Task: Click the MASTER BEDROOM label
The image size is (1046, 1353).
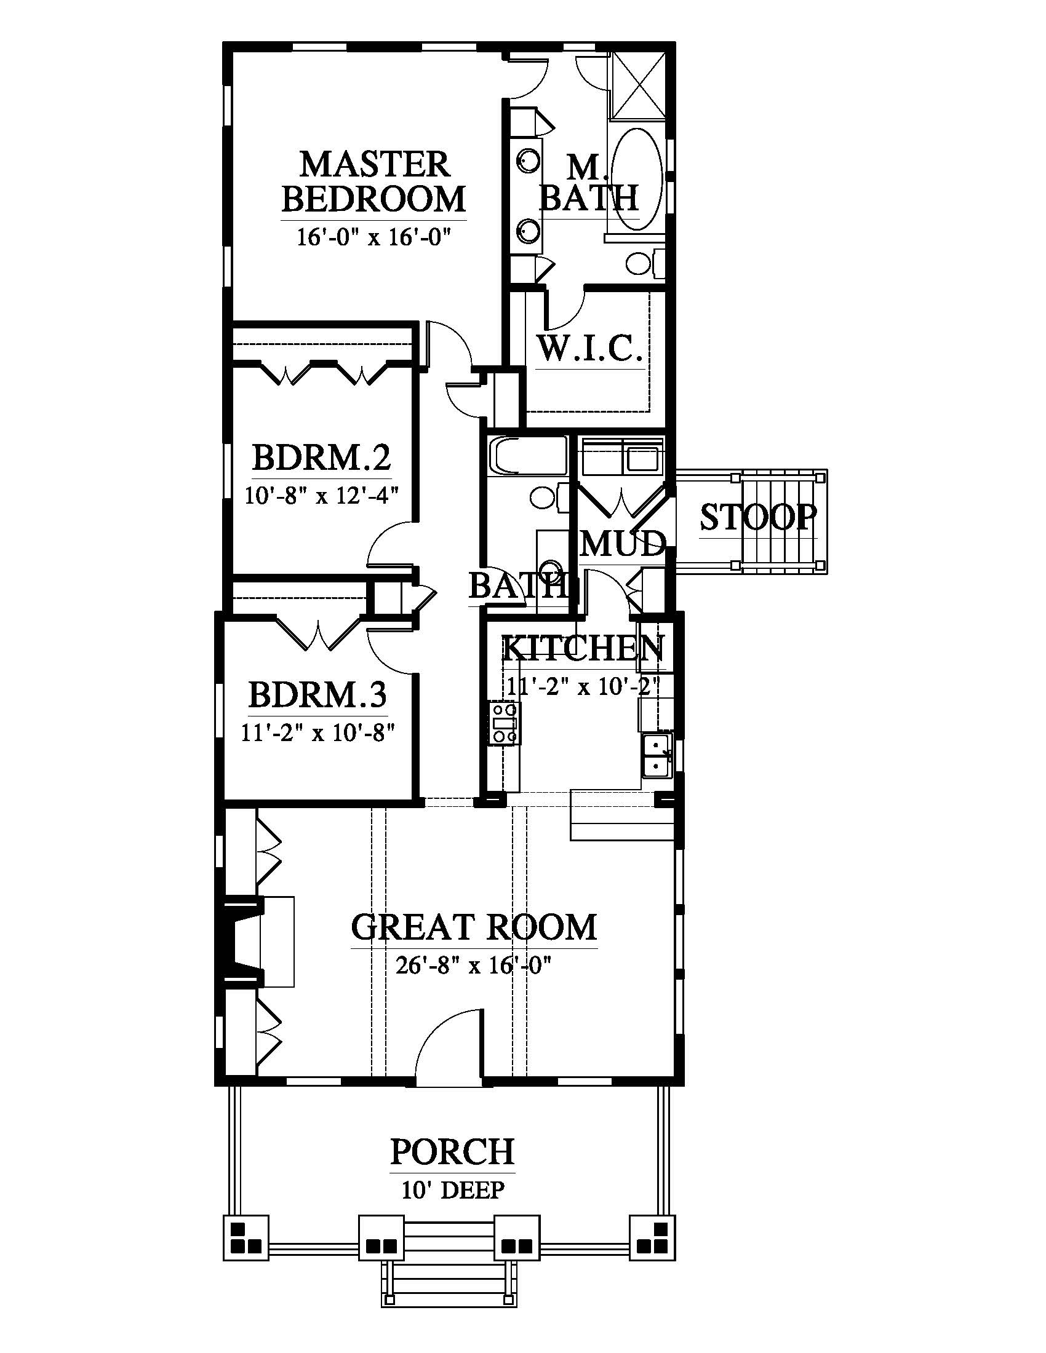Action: (373, 181)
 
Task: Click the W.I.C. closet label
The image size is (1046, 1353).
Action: (589, 349)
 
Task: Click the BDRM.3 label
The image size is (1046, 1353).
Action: (317, 694)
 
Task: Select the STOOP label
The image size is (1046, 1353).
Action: (759, 517)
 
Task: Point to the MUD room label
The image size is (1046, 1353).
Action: (623, 544)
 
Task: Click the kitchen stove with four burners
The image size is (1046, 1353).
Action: (504, 723)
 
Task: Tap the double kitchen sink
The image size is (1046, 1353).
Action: (657, 756)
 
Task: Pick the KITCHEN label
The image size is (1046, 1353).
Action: (583, 649)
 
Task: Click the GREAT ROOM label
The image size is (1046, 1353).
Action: (474, 927)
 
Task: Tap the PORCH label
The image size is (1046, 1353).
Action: (452, 1152)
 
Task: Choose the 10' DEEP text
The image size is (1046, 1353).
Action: (453, 1189)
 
